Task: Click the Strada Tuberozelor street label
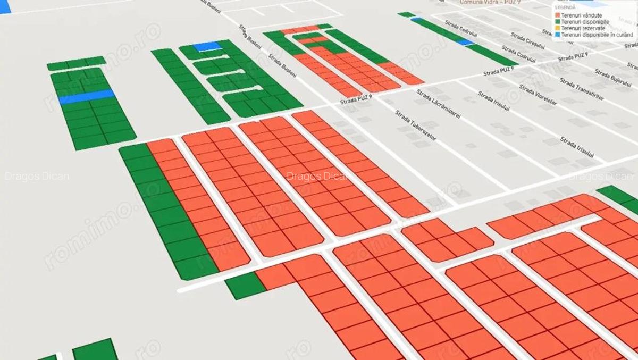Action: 415,125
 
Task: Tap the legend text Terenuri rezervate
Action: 583,28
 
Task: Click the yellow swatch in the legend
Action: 557,28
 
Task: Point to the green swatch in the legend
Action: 557,22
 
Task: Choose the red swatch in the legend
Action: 557,15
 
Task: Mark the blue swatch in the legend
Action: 557,35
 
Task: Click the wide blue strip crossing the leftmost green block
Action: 87,97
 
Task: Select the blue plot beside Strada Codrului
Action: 465,41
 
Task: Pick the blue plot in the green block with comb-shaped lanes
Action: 207,46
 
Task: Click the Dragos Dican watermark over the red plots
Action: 317,176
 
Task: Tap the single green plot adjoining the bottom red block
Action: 245,286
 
